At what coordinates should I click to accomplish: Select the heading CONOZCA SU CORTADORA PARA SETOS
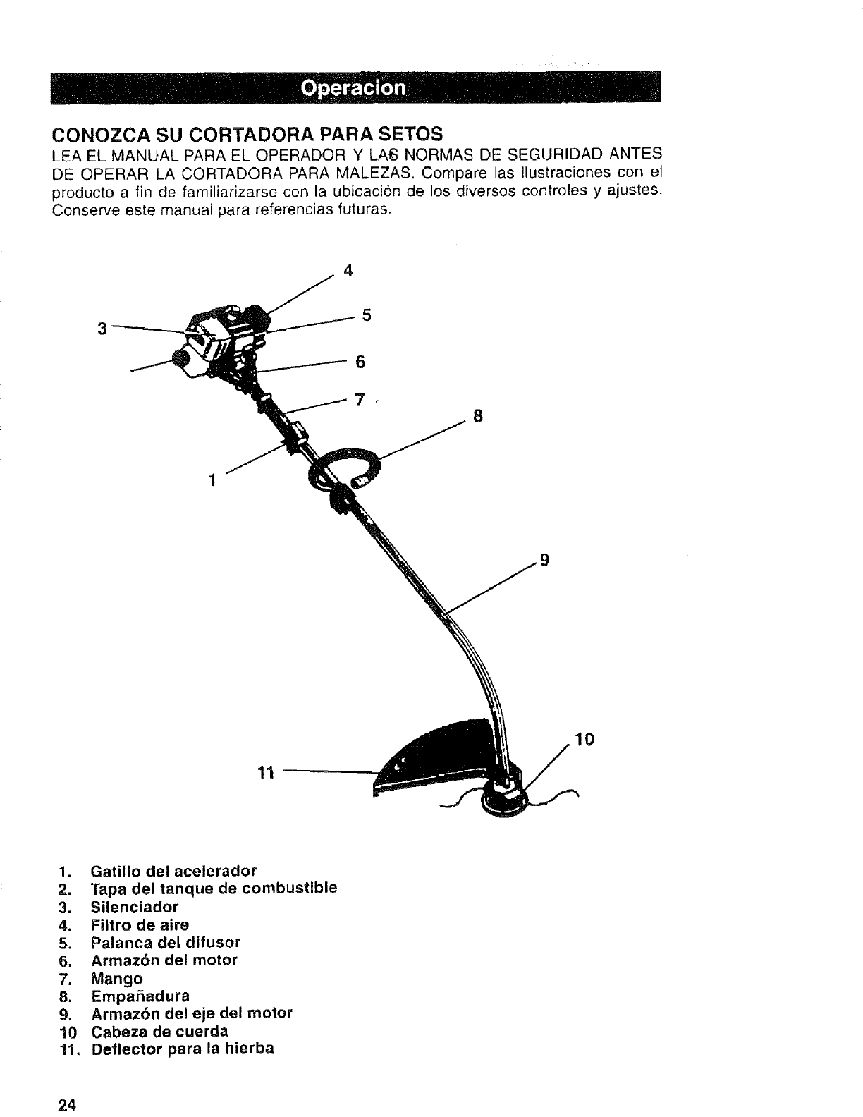click(x=247, y=133)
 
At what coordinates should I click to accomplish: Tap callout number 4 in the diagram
click(x=347, y=271)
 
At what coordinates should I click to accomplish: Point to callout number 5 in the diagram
click(x=366, y=315)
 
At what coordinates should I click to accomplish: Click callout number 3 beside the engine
click(x=102, y=328)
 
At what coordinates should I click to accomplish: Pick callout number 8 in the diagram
click(x=477, y=416)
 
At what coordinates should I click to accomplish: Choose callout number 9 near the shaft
click(x=544, y=561)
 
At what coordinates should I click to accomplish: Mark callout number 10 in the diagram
click(x=584, y=739)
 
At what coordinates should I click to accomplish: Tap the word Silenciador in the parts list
click(x=135, y=906)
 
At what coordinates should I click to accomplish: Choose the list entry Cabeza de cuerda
click(x=159, y=1031)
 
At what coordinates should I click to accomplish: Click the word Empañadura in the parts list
click(x=140, y=995)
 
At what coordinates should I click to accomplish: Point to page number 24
click(x=67, y=1104)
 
